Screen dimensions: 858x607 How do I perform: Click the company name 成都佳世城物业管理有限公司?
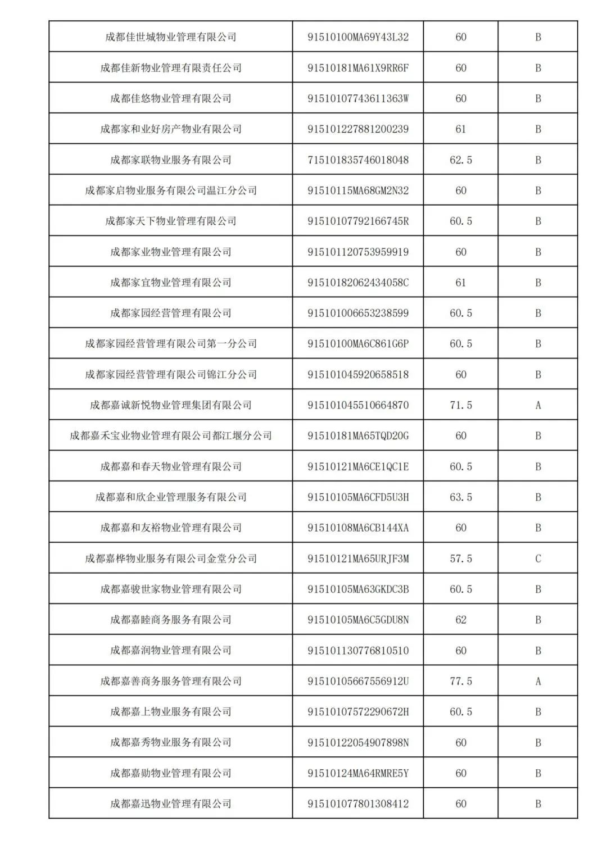(x=171, y=37)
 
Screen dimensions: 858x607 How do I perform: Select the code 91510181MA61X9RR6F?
(x=358, y=68)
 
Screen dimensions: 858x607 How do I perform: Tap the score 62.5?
(x=461, y=160)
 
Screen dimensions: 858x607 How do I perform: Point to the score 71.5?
(x=461, y=405)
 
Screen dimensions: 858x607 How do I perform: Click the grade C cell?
(x=538, y=559)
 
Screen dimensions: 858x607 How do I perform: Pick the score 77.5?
(x=461, y=681)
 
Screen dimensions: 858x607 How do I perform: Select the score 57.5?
(x=461, y=559)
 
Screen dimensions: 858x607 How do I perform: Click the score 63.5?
(x=461, y=497)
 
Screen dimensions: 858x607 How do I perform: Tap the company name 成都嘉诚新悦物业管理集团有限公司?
(x=171, y=405)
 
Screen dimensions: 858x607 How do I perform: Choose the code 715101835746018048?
(x=358, y=160)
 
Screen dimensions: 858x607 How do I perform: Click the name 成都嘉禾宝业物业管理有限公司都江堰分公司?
(x=171, y=435)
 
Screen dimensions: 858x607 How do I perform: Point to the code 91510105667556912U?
(x=358, y=681)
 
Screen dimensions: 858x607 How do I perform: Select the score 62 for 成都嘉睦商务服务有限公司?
(x=461, y=620)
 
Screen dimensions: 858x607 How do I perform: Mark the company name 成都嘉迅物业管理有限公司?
(x=171, y=803)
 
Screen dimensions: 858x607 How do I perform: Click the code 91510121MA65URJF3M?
(x=358, y=559)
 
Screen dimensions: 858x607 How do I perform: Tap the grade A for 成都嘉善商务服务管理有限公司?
(x=538, y=681)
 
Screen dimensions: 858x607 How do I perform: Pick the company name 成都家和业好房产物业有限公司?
(x=171, y=129)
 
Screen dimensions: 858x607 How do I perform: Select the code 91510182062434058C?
(x=358, y=283)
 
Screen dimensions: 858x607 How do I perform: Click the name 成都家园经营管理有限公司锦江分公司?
(x=171, y=374)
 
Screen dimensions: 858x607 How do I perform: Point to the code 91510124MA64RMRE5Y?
(x=358, y=773)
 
